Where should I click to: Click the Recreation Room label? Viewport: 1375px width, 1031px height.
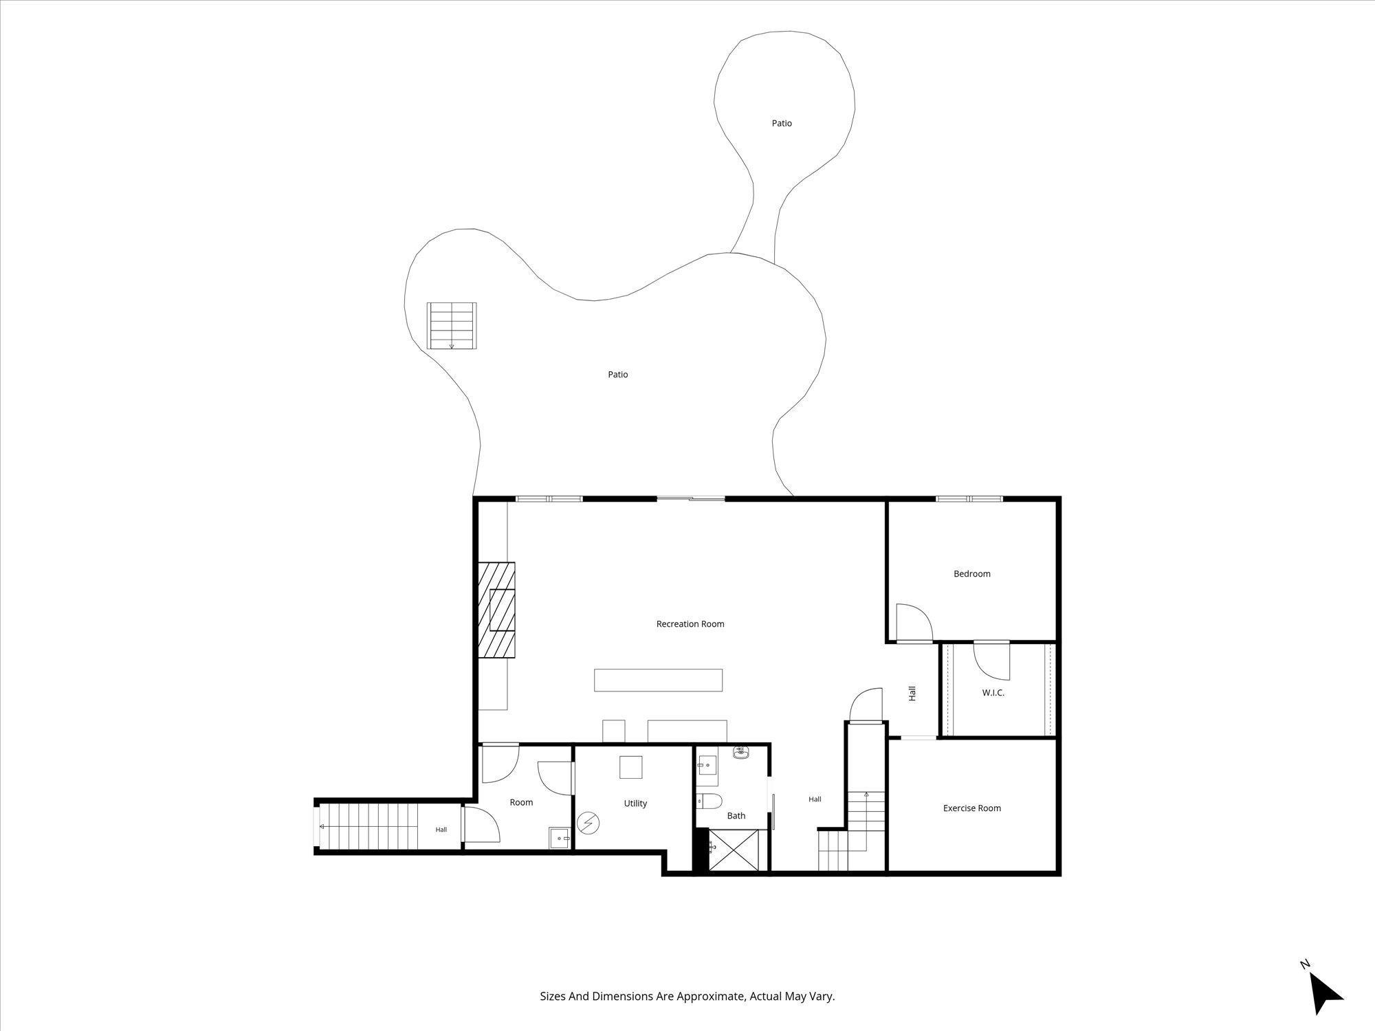(x=690, y=624)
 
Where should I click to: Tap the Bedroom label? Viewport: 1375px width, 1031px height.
(x=972, y=574)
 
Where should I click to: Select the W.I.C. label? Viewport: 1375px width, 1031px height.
(x=993, y=693)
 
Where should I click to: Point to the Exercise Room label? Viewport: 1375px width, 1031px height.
(x=972, y=808)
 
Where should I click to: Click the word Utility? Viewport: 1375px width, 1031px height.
(x=635, y=803)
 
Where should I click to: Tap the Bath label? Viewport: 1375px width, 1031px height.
(x=736, y=816)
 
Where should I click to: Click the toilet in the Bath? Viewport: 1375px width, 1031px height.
(x=708, y=800)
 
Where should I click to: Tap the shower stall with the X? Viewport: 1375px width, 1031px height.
(x=734, y=850)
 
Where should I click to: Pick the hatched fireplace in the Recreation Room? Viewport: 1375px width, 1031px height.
(x=497, y=610)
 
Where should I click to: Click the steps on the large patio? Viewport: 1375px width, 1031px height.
(x=452, y=326)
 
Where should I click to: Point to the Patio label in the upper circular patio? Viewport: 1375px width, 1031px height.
(x=782, y=124)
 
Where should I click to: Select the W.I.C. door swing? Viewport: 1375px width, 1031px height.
(x=993, y=661)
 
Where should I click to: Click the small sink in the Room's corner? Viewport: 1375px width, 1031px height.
(x=559, y=839)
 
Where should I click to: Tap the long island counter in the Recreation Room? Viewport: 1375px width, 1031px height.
(x=658, y=680)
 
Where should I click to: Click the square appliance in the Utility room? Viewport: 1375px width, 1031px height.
(x=630, y=767)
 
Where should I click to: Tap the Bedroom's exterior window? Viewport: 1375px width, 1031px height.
(x=969, y=498)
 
